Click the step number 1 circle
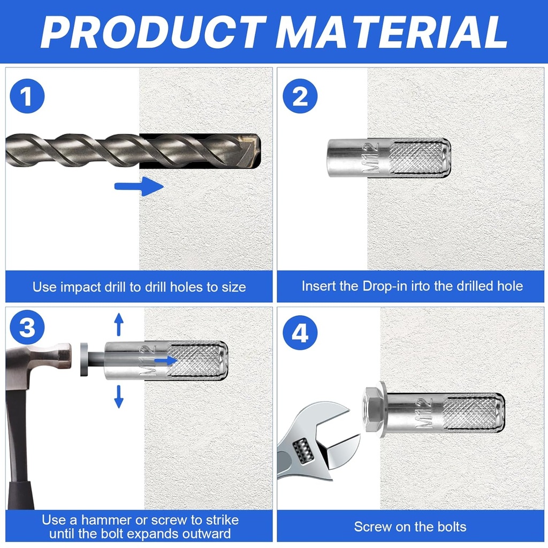point(27,96)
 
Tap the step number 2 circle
point(300,96)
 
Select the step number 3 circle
point(27,328)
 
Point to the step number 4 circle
point(300,333)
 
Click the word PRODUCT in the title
point(154,32)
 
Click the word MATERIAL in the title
point(391,32)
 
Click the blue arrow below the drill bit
point(139,186)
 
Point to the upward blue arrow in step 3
point(119,324)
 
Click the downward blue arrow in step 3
point(119,397)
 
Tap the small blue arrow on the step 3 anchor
point(166,360)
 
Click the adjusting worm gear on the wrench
point(303,451)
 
